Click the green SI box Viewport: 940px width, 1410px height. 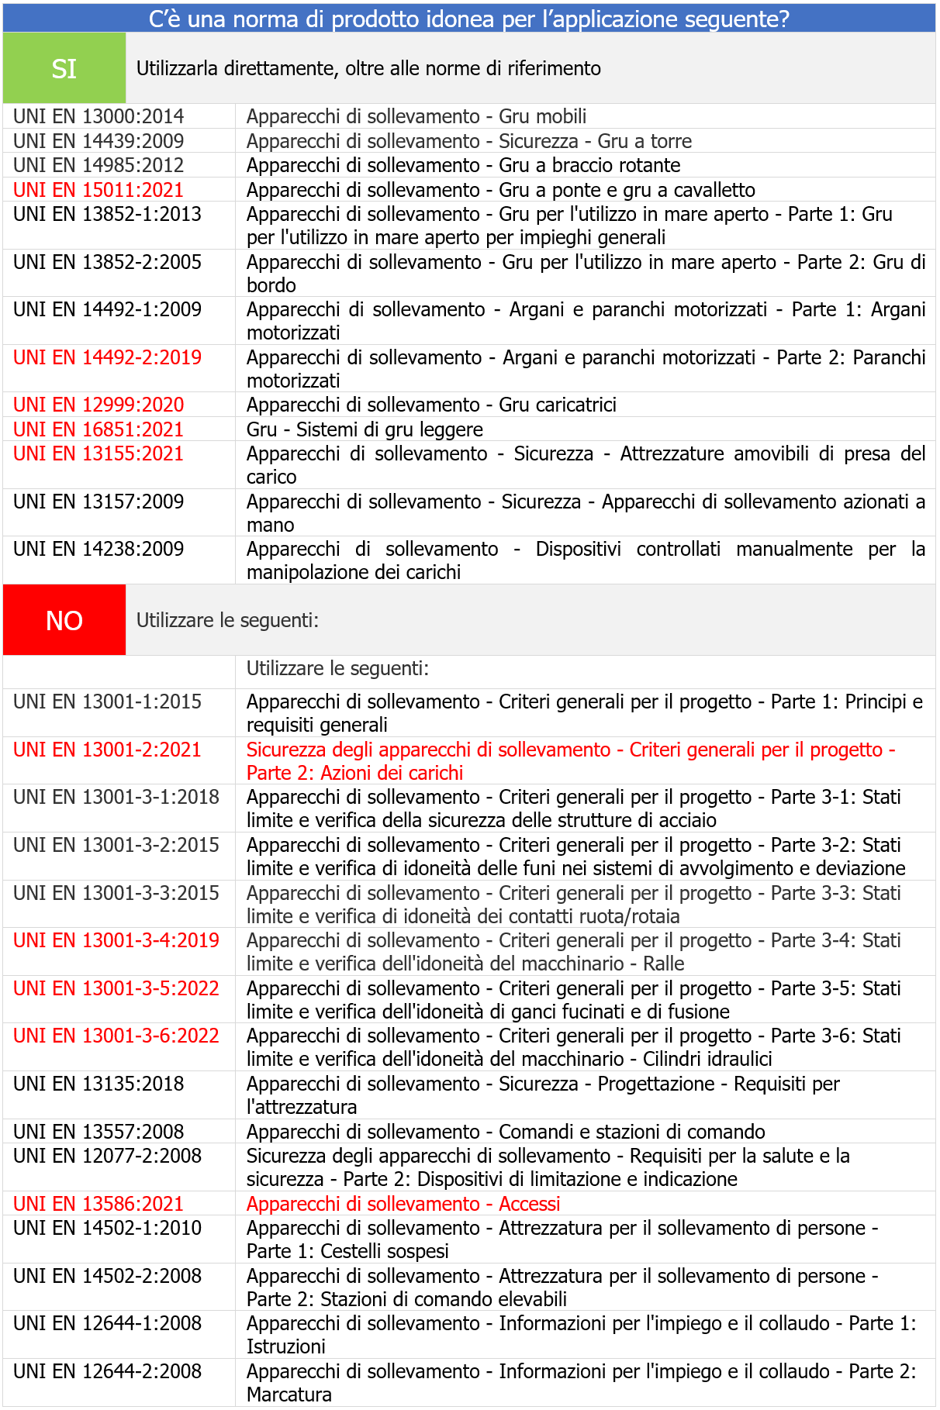pos(64,68)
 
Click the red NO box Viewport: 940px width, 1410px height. pos(64,620)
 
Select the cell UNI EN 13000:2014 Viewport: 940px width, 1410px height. pos(98,116)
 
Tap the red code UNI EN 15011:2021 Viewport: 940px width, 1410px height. pos(98,190)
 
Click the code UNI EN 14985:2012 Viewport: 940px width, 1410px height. pos(98,165)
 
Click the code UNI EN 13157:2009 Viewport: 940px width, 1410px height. pos(98,502)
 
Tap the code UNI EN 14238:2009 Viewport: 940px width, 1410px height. pos(98,549)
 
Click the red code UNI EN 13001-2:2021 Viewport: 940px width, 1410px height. pos(107,750)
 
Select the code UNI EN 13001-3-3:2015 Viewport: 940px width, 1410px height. pos(116,893)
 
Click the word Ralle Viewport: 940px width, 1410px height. pos(663,964)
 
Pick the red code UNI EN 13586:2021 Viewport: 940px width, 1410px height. pos(98,1204)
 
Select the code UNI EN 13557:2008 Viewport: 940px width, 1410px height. pos(98,1132)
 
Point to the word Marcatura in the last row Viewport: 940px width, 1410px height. pos(289,1394)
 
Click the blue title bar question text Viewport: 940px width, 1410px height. pos(468,19)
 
